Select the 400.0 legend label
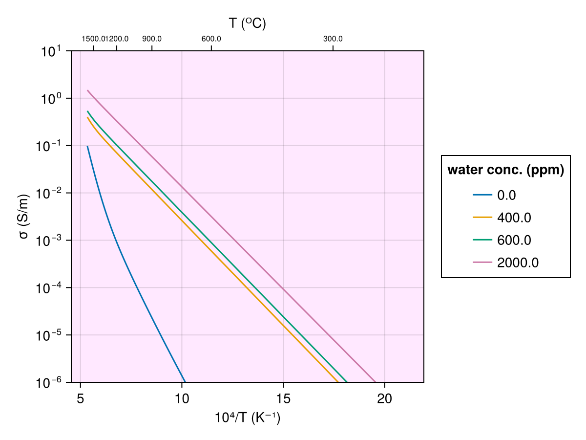(x=514, y=218)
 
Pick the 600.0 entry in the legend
(x=514, y=240)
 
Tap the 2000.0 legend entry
(x=518, y=263)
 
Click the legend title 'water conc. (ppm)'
(x=506, y=170)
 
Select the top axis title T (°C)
(x=248, y=23)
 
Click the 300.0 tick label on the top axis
(x=333, y=39)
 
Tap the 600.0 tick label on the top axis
(x=211, y=39)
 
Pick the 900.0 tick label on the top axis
(x=152, y=39)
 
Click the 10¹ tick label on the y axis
(x=50, y=51)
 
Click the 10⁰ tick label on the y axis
(x=50, y=99)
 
